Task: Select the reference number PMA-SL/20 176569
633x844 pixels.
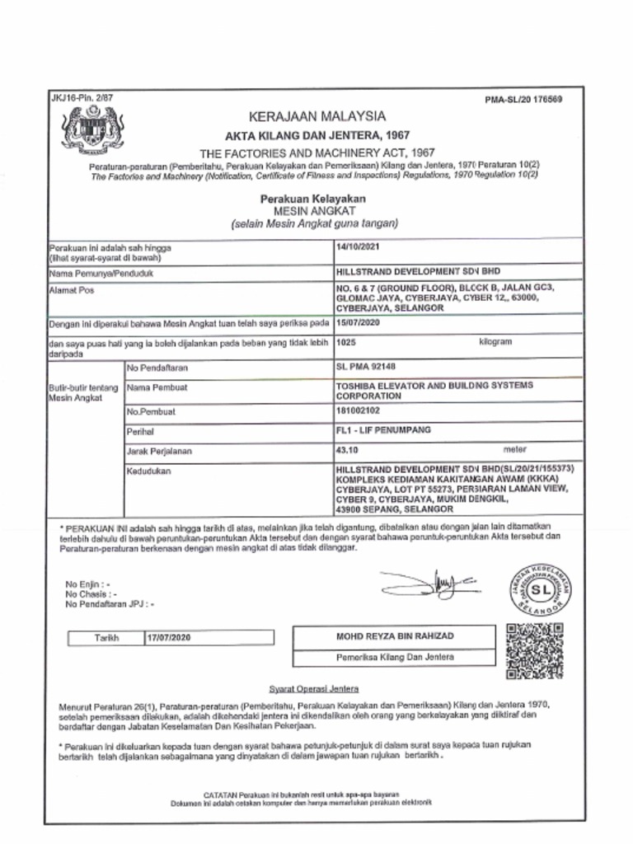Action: (x=524, y=100)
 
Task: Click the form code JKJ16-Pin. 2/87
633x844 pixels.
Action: (x=82, y=98)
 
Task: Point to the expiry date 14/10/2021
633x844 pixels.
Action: (x=359, y=246)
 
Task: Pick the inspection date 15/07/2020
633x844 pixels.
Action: (x=359, y=323)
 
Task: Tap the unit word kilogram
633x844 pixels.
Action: (x=495, y=341)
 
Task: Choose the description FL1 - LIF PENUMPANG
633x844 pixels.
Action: (x=383, y=430)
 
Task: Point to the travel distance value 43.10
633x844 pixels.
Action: (x=348, y=450)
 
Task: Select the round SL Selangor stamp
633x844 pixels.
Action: (x=539, y=590)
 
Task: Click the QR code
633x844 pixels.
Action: (x=535, y=650)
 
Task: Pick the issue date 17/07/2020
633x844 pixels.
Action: (x=168, y=639)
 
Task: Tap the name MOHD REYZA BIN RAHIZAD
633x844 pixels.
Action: (x=394, y=636)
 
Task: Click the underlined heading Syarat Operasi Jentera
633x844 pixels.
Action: (x=314, y=688)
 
